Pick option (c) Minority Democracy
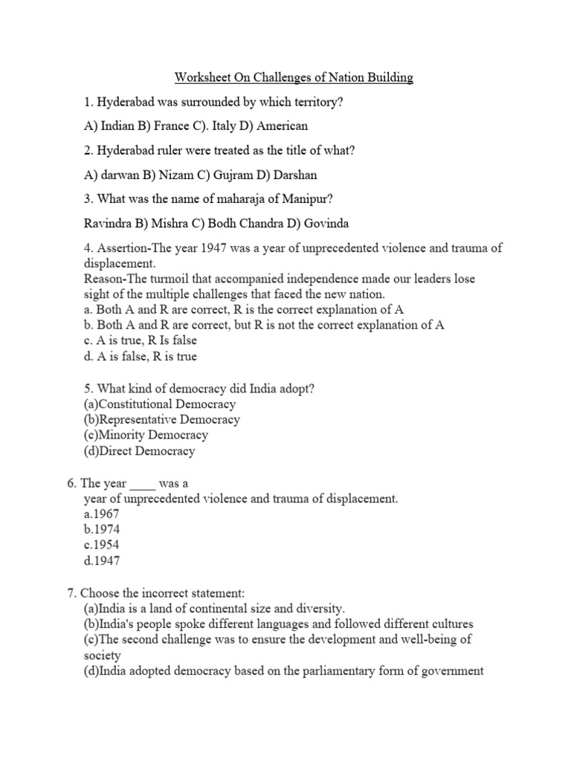pos(146,435)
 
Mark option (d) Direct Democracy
pos(140,450)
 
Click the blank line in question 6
pos(143,483)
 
